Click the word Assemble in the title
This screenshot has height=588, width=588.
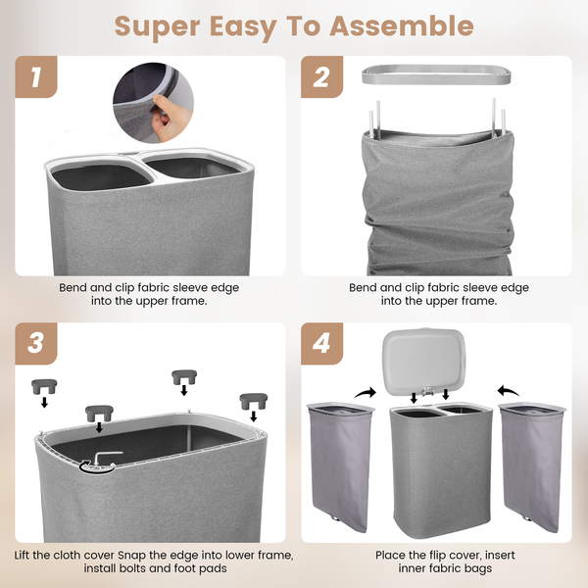tap(402, 26)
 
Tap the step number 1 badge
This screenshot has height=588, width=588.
tap(36, 76)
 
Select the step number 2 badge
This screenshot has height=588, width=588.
tap(321, 76)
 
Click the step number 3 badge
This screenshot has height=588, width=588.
tap(36, 343)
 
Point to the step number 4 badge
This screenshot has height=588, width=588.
tap(321, 343)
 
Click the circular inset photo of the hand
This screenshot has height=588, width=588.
tap(154, 103)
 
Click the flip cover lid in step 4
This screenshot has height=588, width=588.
tap(424, 362)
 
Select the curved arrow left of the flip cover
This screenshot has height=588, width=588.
tap(366, 393)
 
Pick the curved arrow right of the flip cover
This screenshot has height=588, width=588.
tap(509, 391)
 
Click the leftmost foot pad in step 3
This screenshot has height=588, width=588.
tap(44, 386)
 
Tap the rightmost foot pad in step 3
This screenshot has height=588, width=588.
tap(254, 401)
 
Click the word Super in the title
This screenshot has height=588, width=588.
tap(158, 27)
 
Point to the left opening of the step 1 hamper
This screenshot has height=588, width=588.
tap(101, 176)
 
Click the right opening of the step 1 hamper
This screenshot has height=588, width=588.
tap(191, 168)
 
